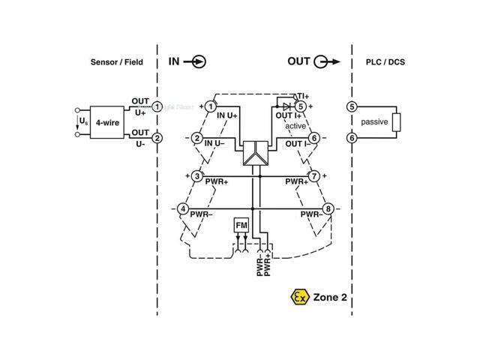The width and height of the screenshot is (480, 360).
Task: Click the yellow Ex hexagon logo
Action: click(300, 297)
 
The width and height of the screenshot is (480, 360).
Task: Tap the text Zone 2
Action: click(331, 297)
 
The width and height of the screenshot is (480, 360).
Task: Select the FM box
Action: click(241, 226)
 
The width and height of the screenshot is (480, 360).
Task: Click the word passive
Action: click(374, 122)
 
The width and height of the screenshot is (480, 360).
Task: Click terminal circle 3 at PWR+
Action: click(196, 177)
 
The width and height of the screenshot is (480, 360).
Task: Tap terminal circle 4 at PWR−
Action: click(182, 208)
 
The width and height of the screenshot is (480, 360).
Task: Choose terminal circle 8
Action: click(328, 208)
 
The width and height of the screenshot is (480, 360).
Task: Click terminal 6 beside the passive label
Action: click(351, 137)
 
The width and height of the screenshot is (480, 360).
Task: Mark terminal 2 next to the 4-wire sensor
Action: click(157, 138)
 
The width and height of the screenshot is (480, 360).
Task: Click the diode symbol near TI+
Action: click(286, 106)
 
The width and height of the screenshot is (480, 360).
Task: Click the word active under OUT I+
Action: click(295, 127)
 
